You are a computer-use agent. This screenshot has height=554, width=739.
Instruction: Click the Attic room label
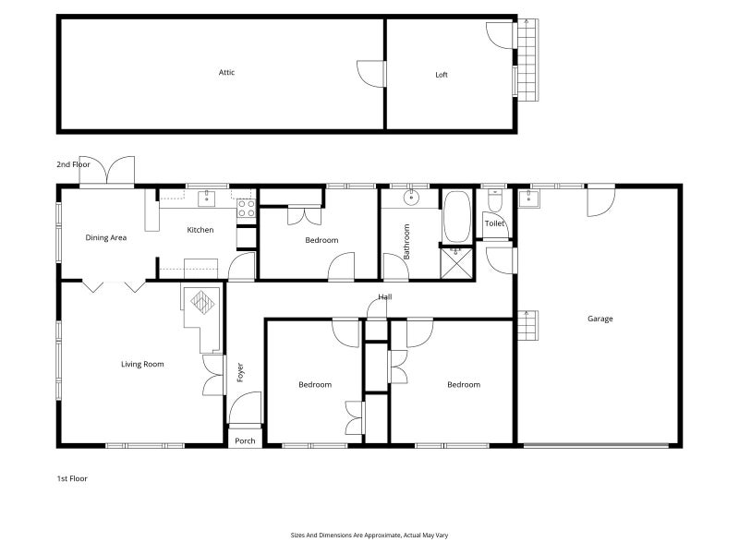pos(226,73)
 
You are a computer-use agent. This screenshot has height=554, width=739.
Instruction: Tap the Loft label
pos(442,75)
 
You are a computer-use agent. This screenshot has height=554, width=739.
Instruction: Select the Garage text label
pos(600,319)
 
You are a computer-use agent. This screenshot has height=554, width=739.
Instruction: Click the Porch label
pos(245,441)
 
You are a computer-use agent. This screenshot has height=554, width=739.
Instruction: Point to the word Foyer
pos(240,372)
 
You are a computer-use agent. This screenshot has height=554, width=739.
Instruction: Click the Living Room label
pos(142,364)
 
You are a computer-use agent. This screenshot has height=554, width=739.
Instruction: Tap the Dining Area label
pos(106,238)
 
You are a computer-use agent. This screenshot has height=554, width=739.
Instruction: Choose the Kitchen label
pos(200,230)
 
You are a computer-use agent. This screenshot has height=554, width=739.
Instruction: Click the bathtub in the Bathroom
pos(457,216)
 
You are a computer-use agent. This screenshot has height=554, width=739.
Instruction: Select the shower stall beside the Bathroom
pos(456,263)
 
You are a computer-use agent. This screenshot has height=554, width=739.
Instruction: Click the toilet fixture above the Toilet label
pos(494,200)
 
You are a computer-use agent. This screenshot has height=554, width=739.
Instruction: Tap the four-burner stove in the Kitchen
pos(246,209)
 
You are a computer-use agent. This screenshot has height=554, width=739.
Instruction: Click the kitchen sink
pos(206,199)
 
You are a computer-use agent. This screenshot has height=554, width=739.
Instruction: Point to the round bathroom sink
pos(411,198)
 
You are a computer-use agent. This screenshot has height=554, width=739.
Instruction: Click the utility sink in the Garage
pos(528,199)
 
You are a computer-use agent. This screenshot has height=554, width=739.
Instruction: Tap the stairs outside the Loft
pos(528,60)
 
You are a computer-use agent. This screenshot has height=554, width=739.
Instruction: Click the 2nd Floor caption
pos(73,164)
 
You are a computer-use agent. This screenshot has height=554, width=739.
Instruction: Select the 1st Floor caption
pos(72,478)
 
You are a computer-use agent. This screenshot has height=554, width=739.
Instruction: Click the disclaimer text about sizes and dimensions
pos(369,536)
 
